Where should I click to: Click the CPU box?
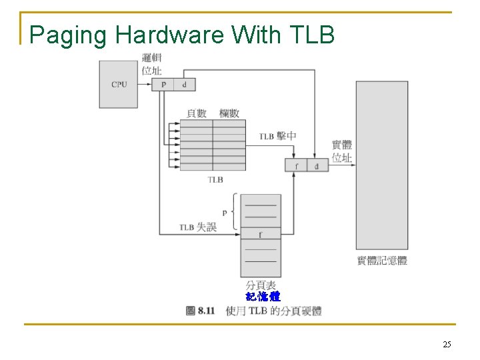119,85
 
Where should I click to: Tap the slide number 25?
447,344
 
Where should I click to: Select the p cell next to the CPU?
163,85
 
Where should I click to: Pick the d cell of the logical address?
184,85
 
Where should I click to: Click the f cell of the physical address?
296,165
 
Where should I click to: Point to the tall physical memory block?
381,165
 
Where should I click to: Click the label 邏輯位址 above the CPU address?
151,63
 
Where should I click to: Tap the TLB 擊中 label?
278,136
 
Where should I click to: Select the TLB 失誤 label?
198,227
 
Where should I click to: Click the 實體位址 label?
342,151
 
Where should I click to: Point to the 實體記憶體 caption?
382,261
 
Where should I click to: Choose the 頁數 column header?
197,113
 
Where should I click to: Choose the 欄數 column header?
229,113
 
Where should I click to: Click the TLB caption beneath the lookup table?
215,179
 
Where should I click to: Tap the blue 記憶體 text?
263,297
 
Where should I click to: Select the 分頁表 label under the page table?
261,285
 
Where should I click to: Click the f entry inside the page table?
261,235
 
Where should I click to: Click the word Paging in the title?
69,35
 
